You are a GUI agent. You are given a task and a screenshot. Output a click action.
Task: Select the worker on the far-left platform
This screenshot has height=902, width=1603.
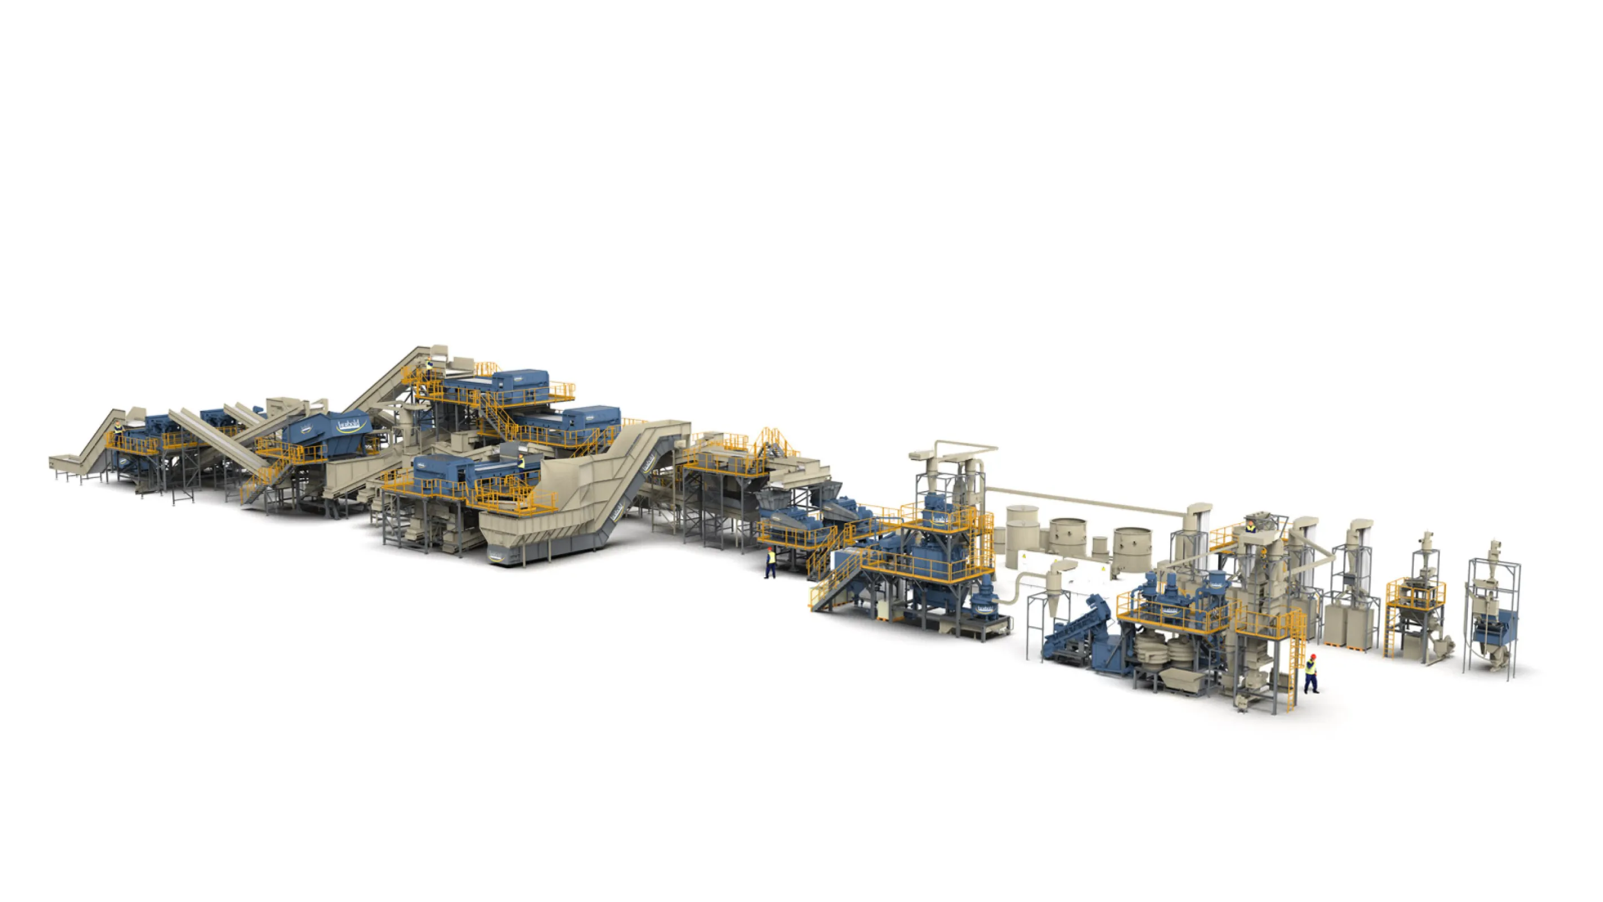116,428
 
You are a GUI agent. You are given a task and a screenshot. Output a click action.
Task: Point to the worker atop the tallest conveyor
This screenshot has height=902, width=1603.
429,364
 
